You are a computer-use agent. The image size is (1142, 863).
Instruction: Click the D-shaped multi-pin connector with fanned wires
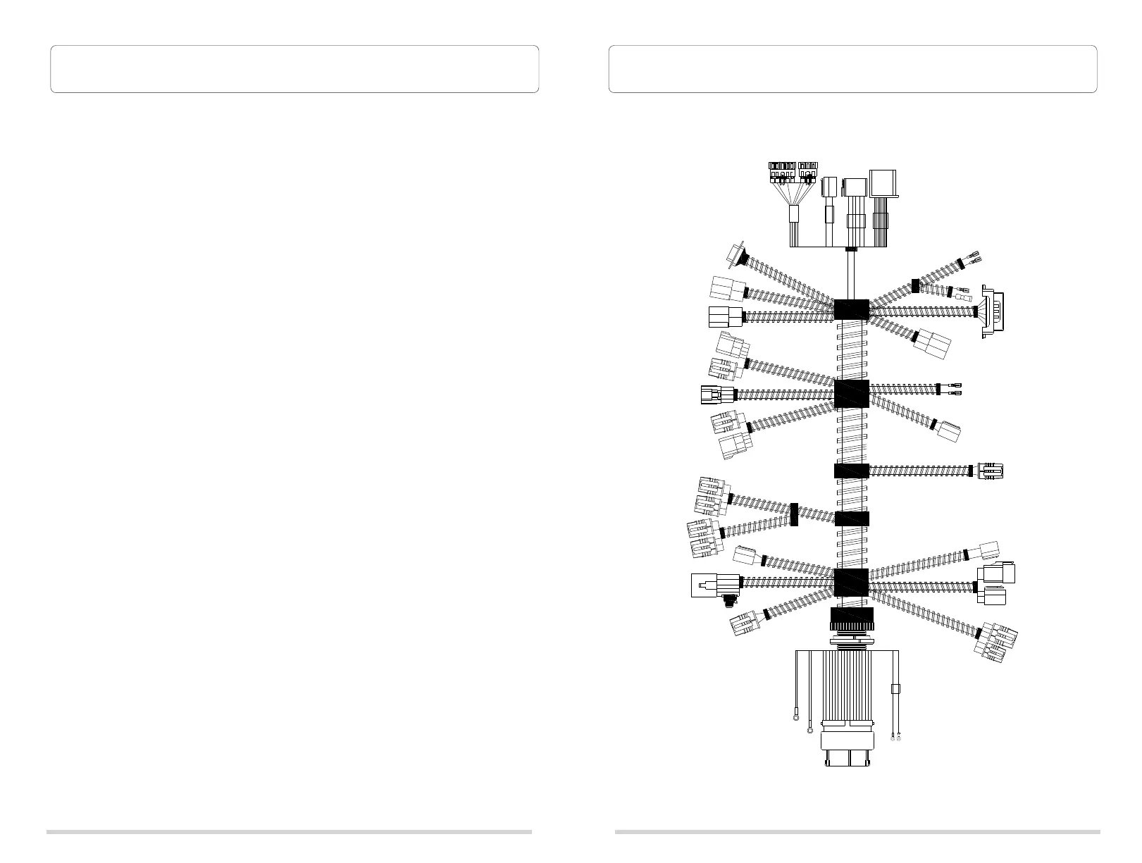tap(993, 315)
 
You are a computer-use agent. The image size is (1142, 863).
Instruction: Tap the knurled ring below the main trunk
tap(851, 620)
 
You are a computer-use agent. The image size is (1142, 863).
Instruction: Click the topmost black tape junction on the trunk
tap(851, 309)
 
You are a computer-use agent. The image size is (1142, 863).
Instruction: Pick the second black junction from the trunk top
tap(851, 394)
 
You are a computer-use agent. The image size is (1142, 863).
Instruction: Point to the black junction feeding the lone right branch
tap(851, 471)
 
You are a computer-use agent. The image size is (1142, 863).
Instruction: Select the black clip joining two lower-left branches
tap(794, 514)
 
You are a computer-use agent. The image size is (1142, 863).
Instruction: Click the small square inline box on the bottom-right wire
tap(896, 689)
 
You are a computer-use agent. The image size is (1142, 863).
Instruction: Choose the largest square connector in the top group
tap(883, 184)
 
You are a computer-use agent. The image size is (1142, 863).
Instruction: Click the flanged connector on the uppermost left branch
tap(737, 254)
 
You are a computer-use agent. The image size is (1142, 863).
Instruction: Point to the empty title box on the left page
tap(294, 69)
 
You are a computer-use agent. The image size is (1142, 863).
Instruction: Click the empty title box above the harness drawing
tap(852, 69)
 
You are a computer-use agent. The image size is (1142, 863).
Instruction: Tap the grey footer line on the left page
tap(289, 831)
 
